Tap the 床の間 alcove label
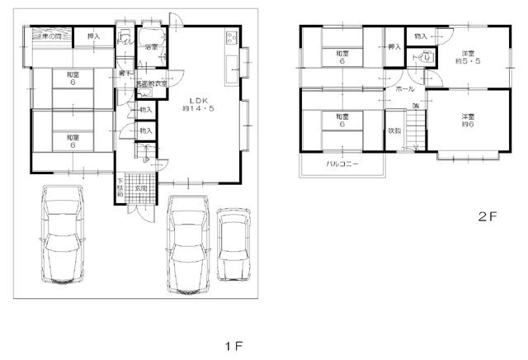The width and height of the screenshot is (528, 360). point(49,36)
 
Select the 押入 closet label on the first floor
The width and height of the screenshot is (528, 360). point(93,36)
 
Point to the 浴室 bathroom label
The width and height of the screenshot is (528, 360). point(151,48)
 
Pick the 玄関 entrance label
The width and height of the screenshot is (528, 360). point(141,188)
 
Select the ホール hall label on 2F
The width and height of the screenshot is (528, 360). point(404,88)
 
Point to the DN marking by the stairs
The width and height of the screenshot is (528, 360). point(416,107)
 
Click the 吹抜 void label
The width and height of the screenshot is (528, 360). point(395,130)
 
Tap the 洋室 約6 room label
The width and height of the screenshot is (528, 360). point(469,121)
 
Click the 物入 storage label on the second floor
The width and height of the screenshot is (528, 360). point(421,36)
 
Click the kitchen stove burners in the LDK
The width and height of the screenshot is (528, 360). point(230,38)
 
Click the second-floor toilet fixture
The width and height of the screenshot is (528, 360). point(428,58)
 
